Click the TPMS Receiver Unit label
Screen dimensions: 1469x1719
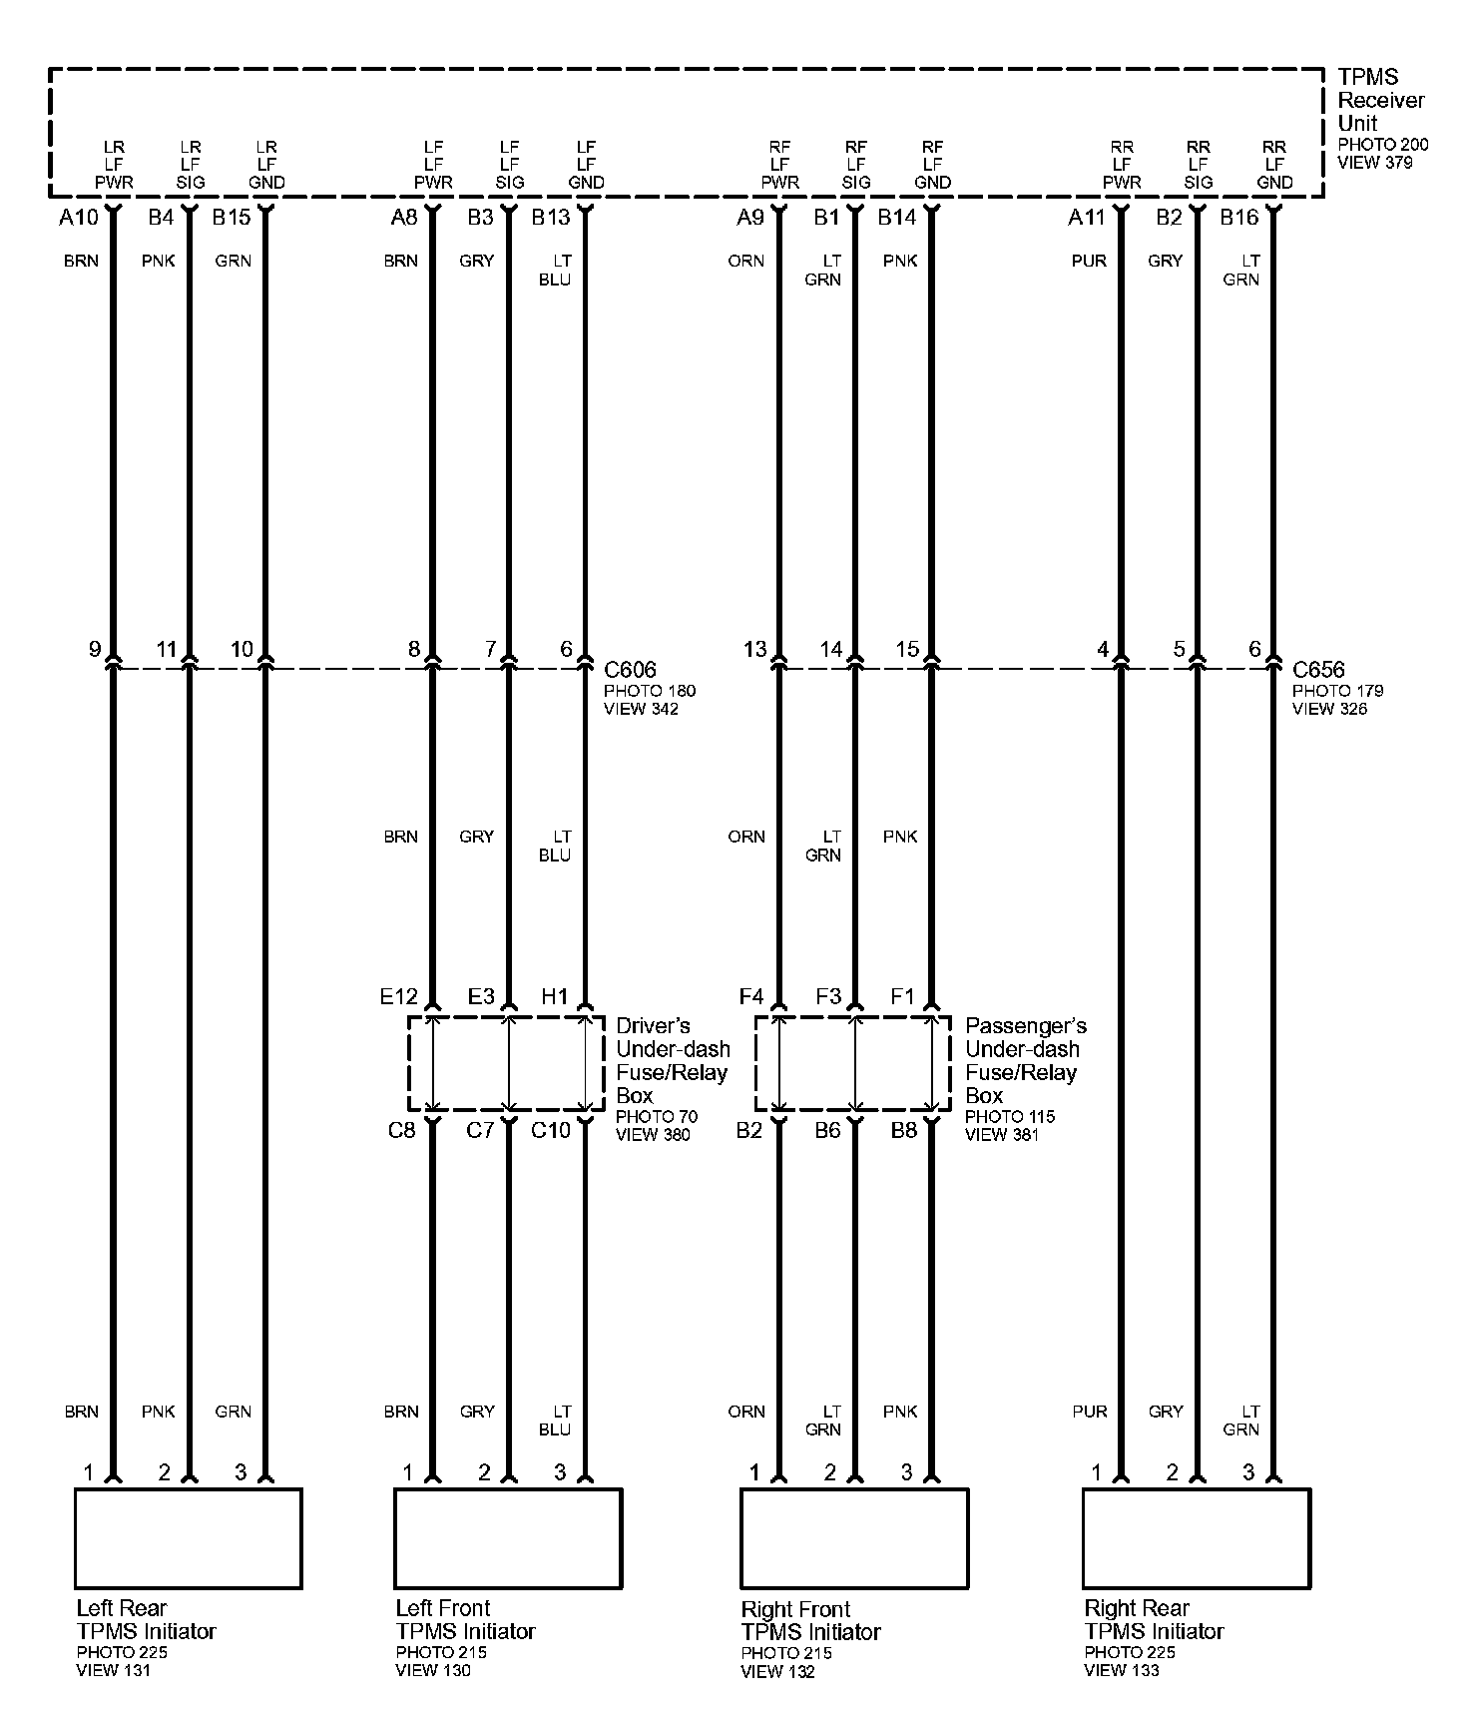click(1380, 100)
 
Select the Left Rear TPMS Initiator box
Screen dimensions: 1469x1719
click(189, 1538)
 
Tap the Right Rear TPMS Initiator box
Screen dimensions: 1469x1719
click(1197, 1538)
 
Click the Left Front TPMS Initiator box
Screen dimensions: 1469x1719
click(508, 1538)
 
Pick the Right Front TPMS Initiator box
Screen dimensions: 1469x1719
click(854, 1538)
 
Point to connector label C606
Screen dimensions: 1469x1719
click(631, 670)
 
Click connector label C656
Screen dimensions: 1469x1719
click(1318, 670)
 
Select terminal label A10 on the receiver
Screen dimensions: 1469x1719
click(79, 217)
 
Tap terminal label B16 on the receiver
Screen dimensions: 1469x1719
click(1239, 217)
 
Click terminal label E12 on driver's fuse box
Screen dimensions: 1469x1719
click(398, 996)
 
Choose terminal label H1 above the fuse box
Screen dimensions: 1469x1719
click(555, 996)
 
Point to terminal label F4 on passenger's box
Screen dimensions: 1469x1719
click(750, 996)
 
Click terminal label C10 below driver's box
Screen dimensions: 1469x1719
click(551, 1130)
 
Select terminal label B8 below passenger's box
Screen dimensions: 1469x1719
click(903, 1130)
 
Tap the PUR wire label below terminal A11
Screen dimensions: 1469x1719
click(1089, 262)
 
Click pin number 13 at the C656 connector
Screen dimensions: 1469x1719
click(754, 650)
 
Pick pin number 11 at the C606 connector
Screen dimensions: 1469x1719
click(166, 650)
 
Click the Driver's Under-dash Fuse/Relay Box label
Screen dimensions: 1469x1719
click(672, 1060)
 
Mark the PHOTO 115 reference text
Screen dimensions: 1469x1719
click(1009, 1116)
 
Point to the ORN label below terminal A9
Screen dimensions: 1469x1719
click(746, 262)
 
